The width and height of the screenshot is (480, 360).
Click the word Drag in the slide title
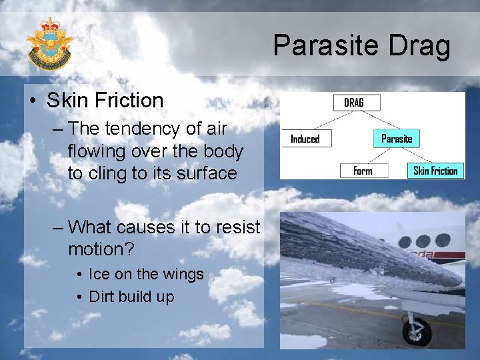[x=423, y=47]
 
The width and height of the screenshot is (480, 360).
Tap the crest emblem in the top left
[x=49, y=43]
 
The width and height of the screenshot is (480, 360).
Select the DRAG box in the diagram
[x=357, y=103]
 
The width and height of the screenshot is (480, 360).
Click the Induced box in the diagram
[x=305, y=139]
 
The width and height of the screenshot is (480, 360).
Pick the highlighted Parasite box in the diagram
[x=397, y=139]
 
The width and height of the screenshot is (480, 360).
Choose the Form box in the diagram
[x=363, y=171]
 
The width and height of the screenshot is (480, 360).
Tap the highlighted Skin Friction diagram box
[x=435, y=171]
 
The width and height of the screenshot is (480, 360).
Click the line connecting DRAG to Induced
[x=327, y=121]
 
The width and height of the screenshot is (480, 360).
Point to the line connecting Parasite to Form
[x=380, y=155]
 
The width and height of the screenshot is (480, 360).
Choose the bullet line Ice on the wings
[x=146, y=274]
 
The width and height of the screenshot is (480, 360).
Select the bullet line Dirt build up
[x=131, y=297]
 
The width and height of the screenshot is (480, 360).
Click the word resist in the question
[x=235, y=227]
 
